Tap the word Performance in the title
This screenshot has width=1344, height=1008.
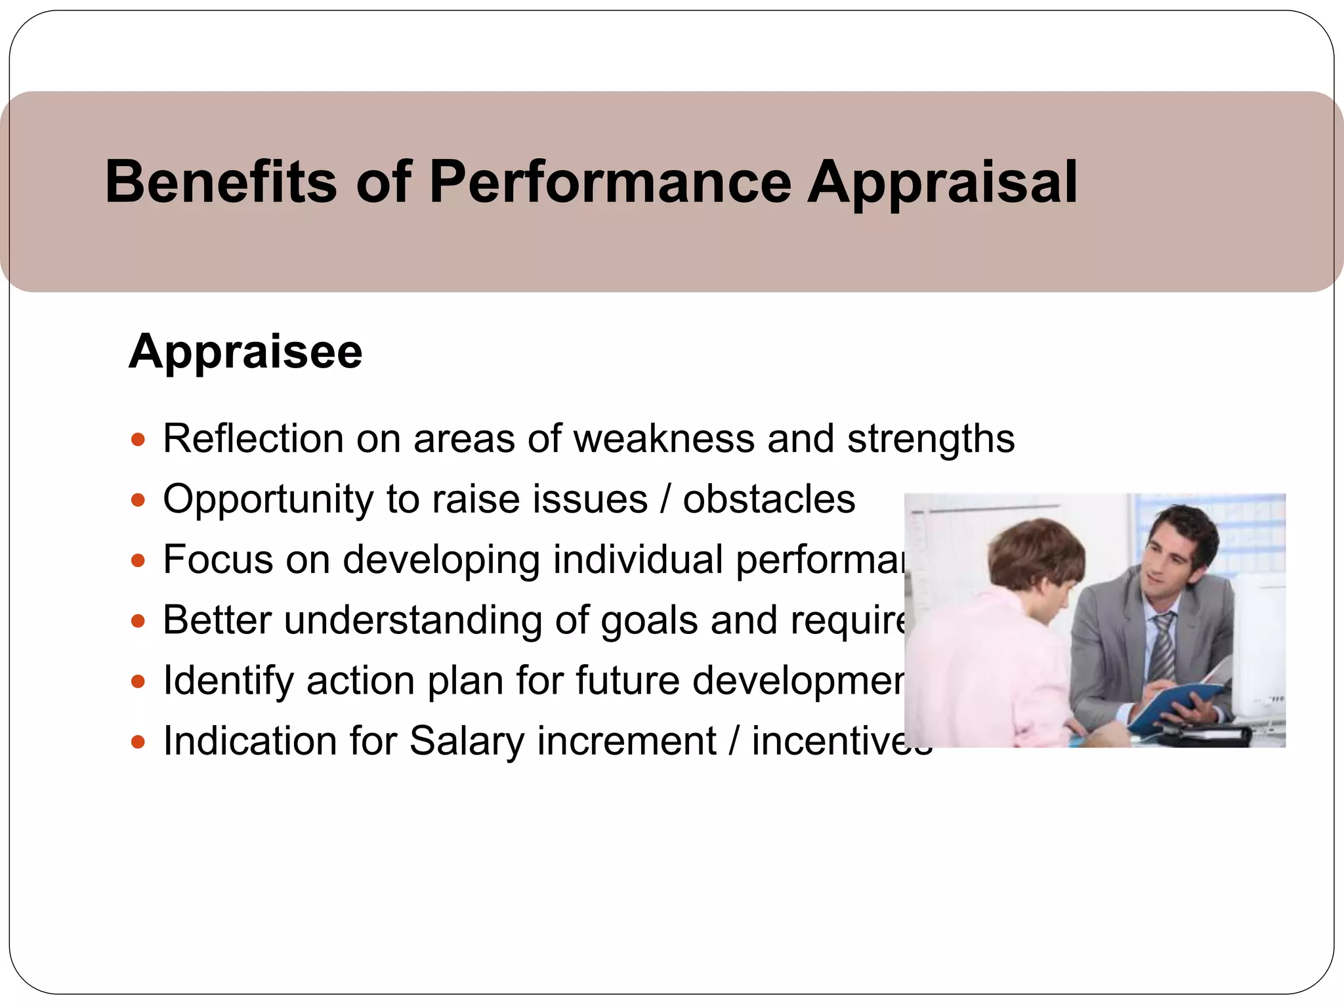pos(610,182)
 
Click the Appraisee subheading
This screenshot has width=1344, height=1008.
pos(245,352)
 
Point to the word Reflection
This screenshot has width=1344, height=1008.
pos(253,438)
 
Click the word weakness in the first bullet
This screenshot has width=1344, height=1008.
pos(663,438)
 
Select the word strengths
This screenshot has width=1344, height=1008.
pos(931,438)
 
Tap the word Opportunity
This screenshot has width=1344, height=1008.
pos(268,499)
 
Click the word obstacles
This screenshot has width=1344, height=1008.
pos(769,499)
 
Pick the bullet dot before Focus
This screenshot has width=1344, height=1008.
pos(137,560)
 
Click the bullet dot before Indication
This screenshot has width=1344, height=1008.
pos(137,742)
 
